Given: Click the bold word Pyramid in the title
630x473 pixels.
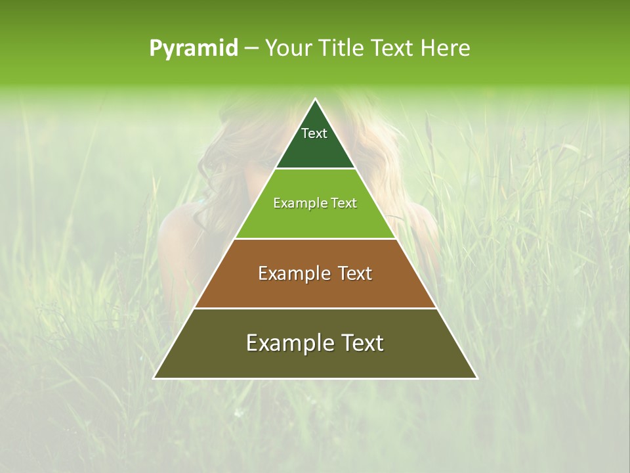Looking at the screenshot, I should click(x=194, y=49).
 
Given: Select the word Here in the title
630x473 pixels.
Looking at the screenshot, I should click(x=446, y=49).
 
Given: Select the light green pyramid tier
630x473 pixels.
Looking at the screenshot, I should click(x=315, y=220).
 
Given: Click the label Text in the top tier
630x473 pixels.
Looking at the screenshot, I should click(x=314, y=133).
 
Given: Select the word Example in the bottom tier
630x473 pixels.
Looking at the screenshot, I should click(x=283, y=343).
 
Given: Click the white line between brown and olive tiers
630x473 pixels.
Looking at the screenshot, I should click(x=315, y=308).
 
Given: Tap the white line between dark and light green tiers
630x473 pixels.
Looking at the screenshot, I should click(x=315, y=169).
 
